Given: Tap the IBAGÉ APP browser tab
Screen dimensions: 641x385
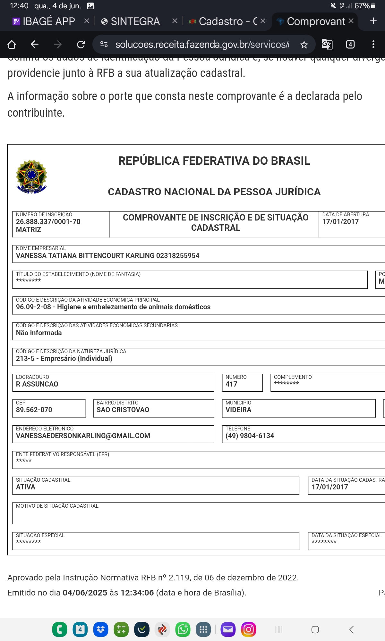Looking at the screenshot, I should (x=48, y=21).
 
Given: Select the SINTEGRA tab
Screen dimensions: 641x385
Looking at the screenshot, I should (x=135, y=21).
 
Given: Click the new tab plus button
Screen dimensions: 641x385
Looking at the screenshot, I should (x=373, y=21).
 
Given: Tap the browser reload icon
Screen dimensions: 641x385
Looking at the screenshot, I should (x=81, y=44).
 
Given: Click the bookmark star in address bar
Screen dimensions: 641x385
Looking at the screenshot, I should (x=304, y=45).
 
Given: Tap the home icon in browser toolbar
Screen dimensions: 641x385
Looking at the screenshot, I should (x=12, y=44).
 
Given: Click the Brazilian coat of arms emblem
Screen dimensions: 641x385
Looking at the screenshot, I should (x=31, y=177).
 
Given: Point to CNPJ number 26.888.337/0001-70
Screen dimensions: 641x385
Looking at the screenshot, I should (x=48, y=222).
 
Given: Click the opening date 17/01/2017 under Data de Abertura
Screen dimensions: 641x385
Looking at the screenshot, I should (x=340, y=222).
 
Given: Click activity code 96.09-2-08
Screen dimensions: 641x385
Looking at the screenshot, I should (x=33, y=307).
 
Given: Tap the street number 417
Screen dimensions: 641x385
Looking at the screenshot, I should (x=231, y=384).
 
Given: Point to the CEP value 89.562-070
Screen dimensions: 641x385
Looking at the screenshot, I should (x=34, y=410).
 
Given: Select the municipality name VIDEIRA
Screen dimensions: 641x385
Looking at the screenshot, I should (x=238, y=410).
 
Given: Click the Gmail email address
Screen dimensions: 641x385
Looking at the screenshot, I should (x=83, y=436).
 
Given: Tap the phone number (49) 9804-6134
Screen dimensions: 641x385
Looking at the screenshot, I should (x=250, y=436).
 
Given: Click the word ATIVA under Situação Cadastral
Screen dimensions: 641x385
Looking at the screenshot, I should (x=26, y=487).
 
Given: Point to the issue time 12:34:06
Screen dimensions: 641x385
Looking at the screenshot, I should (x=137, y=593).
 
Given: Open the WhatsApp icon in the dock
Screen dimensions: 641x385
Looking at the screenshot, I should (x=183, y=629).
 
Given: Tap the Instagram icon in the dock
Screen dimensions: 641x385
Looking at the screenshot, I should (x=248, y=629).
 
